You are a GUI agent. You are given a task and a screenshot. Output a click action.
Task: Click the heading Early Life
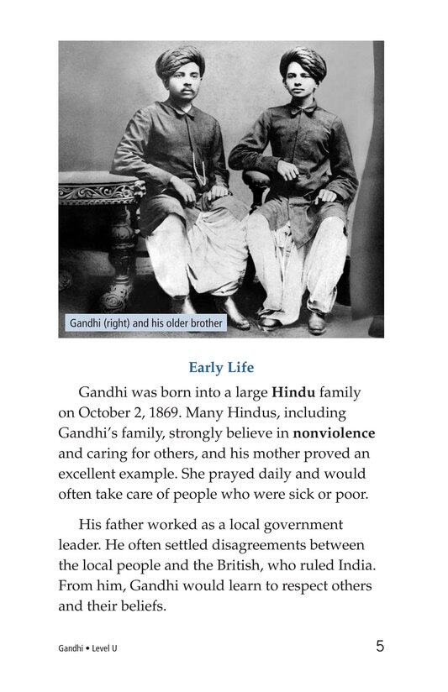click(x=221, y=367)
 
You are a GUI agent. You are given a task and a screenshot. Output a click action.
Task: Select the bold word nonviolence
click(x=334, y=433)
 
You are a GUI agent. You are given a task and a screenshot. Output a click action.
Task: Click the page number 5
click(x=380, y=646)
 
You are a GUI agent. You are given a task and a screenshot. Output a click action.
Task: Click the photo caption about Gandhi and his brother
click(x=145, y=322)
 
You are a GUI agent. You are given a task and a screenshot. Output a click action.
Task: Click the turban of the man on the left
click(x=182, y=60)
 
